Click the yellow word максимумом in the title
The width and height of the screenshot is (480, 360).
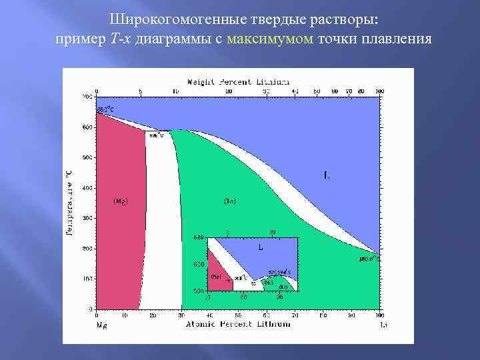pos(269,39)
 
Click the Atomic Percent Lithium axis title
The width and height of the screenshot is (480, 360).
pos(238,324)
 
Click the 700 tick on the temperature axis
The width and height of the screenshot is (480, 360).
pos(88,97)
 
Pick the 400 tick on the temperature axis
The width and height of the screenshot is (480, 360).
pos(88,188)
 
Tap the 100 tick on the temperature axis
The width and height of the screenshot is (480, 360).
pos(88,279)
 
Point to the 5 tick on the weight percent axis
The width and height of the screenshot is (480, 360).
pos(140,91)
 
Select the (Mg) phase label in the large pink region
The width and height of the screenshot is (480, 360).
pos(121,200)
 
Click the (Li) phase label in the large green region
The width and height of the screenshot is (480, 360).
pos(229,200)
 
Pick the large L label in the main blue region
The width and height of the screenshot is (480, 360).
pos(326,175)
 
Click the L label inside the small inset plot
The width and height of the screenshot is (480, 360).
pos(260,246)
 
